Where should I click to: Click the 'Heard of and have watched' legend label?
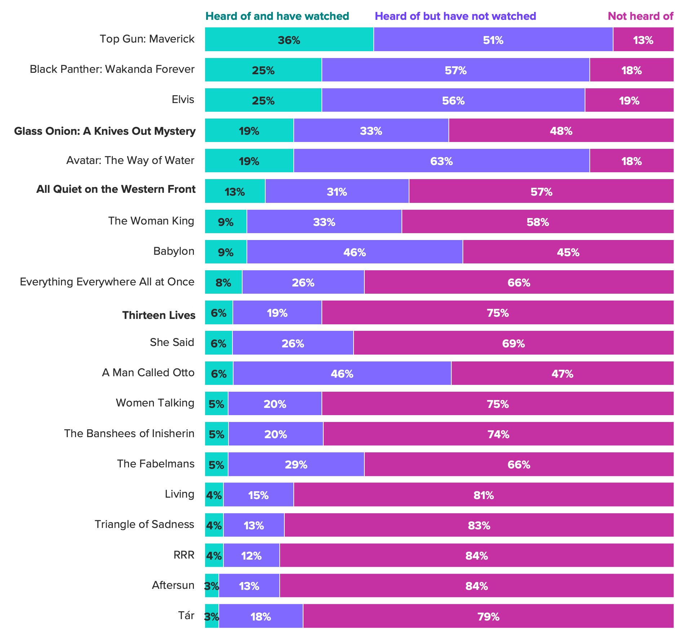click(277, 16)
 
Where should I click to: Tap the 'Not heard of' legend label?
click(640, 16)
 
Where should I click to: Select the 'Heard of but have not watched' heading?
click(455, 16)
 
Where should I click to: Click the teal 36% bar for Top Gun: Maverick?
click(289, 40)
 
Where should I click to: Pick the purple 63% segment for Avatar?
click(442, 161)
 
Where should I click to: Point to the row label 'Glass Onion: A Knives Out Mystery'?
click(105, 131)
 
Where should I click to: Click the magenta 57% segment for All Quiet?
click(541, 191)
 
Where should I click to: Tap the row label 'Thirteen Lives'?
click(159, 315)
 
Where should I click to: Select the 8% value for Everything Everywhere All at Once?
click(223, 282)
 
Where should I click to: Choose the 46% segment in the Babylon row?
click(355, 252)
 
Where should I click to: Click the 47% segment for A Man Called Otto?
click(562, 373)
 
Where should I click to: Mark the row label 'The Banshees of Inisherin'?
click(129, 433)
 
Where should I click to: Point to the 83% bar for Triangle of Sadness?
click(479, 525)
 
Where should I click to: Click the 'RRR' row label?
click(184, 555)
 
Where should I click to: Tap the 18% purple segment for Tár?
click(261, 616)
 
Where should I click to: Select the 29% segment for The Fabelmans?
click(296, 464)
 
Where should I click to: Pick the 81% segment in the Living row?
click(483, 495)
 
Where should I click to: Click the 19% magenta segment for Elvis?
click(629, 100)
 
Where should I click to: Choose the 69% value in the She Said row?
click(513, 343)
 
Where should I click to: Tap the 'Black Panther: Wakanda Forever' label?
click(112, 69)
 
